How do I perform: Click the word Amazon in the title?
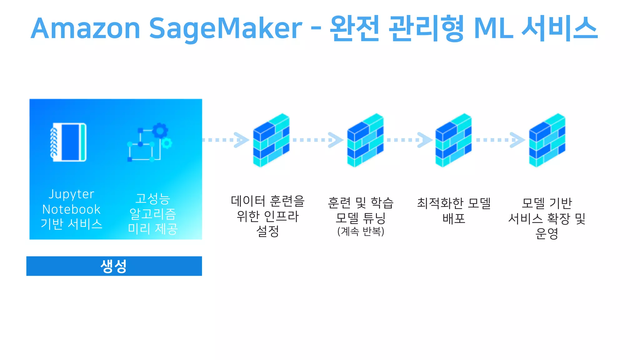tap(85, 29)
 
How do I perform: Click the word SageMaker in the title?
tap(225, 29)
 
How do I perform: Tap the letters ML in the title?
tap(493, 29)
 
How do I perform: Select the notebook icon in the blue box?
tap(68, 142)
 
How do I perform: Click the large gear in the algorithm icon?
tap(160, 130)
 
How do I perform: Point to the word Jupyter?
tap(71, 194)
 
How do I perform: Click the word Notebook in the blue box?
tap(71, 209)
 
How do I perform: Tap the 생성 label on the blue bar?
tap(114, 266)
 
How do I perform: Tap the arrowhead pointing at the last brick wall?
tap(517, 140)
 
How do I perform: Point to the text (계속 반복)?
tap(361, 232)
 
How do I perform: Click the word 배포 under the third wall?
tap(454, 218)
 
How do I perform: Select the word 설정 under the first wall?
tap(267, 231)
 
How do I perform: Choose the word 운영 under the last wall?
tap(547, 233)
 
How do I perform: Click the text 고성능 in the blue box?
tap(153, 199)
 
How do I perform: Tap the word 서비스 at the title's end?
tap(560, 29)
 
